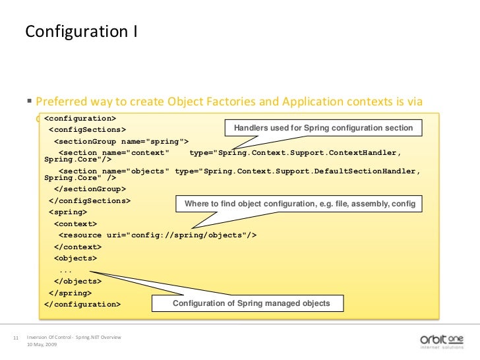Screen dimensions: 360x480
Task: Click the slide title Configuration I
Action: [80, 32]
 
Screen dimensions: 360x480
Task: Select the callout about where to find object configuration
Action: [300, 204]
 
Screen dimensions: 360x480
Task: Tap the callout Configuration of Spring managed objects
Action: [251, 303]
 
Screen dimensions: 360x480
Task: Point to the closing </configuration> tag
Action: [82, 305]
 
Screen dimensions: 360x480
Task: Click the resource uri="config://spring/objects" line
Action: [158, 235]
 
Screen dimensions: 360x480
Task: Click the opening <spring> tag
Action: [68, 212]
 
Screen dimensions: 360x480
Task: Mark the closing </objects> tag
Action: [78, 281]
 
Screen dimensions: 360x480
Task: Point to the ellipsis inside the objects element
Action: [66, 270]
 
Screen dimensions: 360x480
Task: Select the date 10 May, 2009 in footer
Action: [41, 345]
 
